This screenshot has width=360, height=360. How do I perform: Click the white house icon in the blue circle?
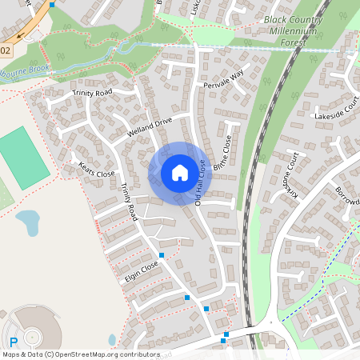(x=179, y=173)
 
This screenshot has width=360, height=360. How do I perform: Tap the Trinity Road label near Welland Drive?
(x=94, y=93)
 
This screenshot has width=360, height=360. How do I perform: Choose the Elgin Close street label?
(x=142, y=272)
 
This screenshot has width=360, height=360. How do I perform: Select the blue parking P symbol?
(x=12, y=340)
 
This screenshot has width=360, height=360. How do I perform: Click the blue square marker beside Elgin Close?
(x=162, y=255)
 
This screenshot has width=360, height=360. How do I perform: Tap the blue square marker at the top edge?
(x=52, y=4)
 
